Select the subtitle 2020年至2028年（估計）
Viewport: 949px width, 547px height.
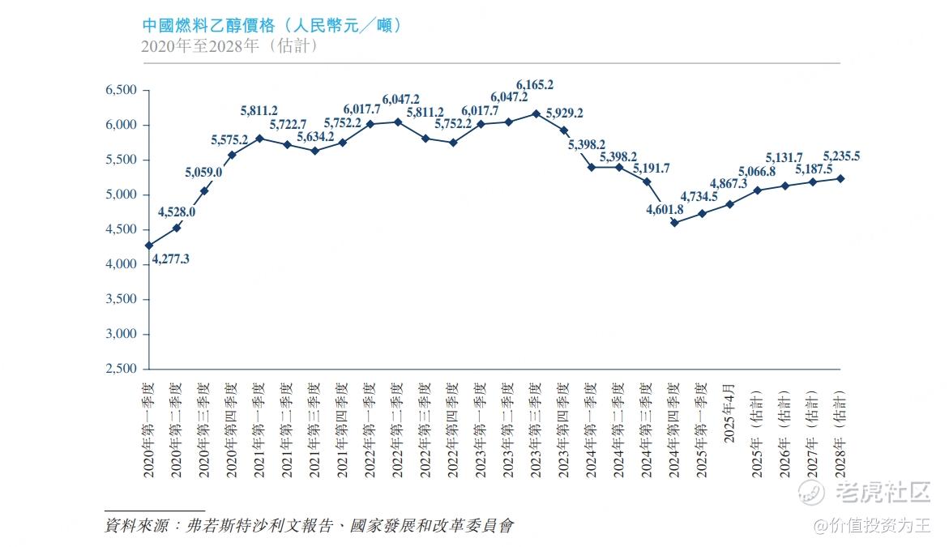pyautogui.click(x=229, y=46)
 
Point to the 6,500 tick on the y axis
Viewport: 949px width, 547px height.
pyautogui.click(x=122, y=90)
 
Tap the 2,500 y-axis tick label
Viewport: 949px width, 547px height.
pyautogui.click(x=122, y=369)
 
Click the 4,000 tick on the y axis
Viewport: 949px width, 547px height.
pyautogui.click(x=122, y=264)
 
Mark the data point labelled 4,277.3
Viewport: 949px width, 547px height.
pyautogui.click(x=148, y=245)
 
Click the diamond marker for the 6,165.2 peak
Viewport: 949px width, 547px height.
pyautogui.click(x=536, y=113)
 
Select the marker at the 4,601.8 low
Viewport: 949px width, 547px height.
pyautogui.click(x=674, y=222)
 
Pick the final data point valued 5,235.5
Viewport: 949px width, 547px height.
pyautogui.click(x=840, y=178)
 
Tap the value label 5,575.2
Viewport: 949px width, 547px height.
pyautogui.click(x=229, y=140)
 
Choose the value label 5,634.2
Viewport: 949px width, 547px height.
pyautogui.click(x=314, y=136)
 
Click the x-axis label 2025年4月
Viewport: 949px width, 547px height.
pyautogui.click(x=729, y=410)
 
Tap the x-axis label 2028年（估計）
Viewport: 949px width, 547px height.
pyautogui.click(x=840, y=421)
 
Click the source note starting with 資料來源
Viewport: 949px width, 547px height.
pyautogui.click(x=309, y=526)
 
